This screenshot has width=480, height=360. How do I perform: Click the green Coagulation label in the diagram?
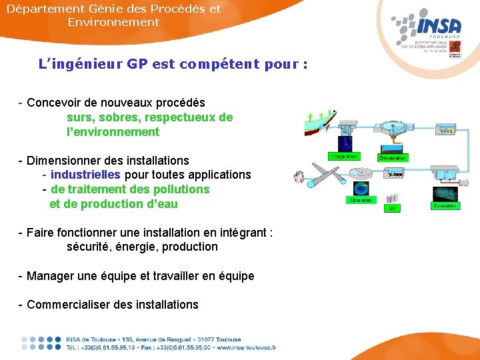click(343, 157)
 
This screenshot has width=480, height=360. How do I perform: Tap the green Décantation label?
click(393, 158)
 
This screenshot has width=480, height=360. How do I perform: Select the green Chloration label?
click(361, 200)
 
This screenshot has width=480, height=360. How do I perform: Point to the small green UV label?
click(393, 208)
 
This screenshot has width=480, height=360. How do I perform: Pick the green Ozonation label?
click(445, 206)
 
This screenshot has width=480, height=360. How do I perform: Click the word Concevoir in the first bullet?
click(53, 103)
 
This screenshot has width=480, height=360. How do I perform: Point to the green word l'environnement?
click(113, 132)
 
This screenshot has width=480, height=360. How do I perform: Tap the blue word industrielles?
click(85, 175)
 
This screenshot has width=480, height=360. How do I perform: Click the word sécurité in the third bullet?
click(89, 247)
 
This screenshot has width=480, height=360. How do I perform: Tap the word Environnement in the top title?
click(113, 22)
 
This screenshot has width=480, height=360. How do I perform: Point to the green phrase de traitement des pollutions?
click(130, 189)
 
